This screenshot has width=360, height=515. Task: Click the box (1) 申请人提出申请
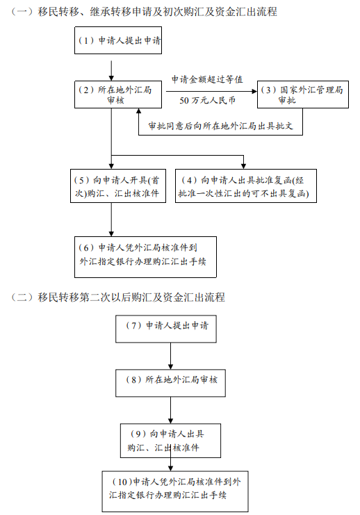click(117, 41)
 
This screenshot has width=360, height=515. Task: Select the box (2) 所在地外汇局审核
click(111, 95)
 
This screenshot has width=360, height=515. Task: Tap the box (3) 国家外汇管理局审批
click(301, 95)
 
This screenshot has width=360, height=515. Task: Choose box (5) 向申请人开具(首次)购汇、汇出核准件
click(119, 186)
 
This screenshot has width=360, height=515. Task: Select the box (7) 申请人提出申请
click(170, 327)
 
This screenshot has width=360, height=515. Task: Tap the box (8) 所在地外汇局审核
click(170, 382)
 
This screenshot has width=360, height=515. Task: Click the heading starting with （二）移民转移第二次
click(118, 297)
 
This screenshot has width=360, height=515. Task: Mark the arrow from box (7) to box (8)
click(170, 355)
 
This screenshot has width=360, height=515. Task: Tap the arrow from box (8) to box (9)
click(170, 410)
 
